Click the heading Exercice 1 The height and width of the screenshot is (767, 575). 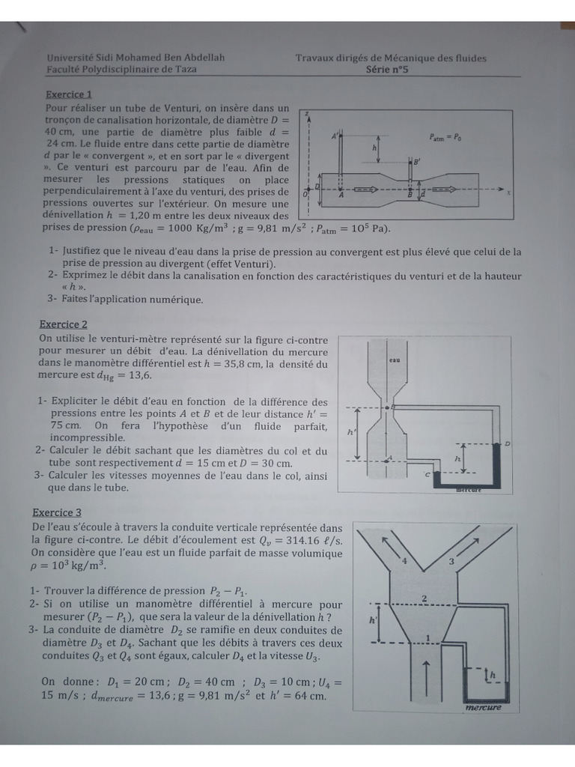point(69,95)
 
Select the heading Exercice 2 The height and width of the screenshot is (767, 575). point(64,324)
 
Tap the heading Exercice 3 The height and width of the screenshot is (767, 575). point(57,512)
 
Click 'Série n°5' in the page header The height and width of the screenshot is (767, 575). point(387,69)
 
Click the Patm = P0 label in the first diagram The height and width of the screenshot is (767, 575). point(445,137)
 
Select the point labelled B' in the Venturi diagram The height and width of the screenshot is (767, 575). point(416,161)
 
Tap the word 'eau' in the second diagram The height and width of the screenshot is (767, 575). point(394,360)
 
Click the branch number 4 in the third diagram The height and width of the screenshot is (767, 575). point(404,560)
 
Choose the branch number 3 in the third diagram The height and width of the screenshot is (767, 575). point(451,561)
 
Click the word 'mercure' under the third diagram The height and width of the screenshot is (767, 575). point(482,707)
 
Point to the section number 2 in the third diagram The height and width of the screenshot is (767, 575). point(425,597)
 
